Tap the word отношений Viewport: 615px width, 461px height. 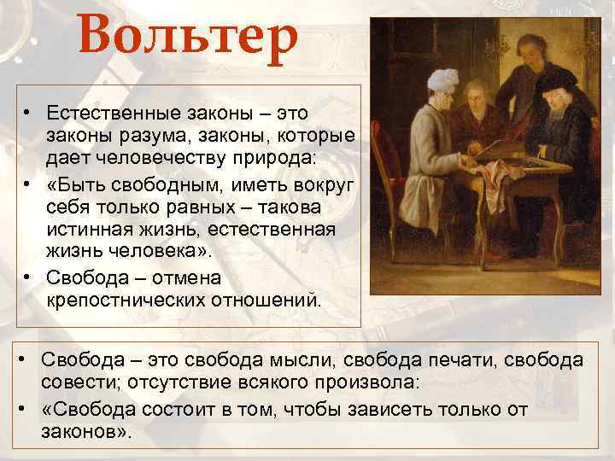point(264,300)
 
